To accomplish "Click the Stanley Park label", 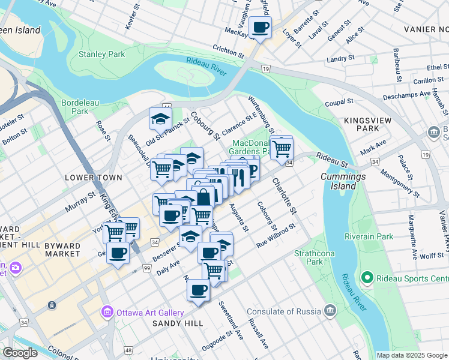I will (102, 55).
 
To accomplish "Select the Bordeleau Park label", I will (75, 106).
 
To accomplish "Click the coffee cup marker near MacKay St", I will (261, 28).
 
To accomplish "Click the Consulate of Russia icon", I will (330, 310).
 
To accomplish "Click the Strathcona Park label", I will (309, 257).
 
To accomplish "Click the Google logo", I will (20, 353).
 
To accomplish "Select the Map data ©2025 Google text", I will (411, 355).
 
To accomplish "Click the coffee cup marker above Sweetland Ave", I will (198, 290).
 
